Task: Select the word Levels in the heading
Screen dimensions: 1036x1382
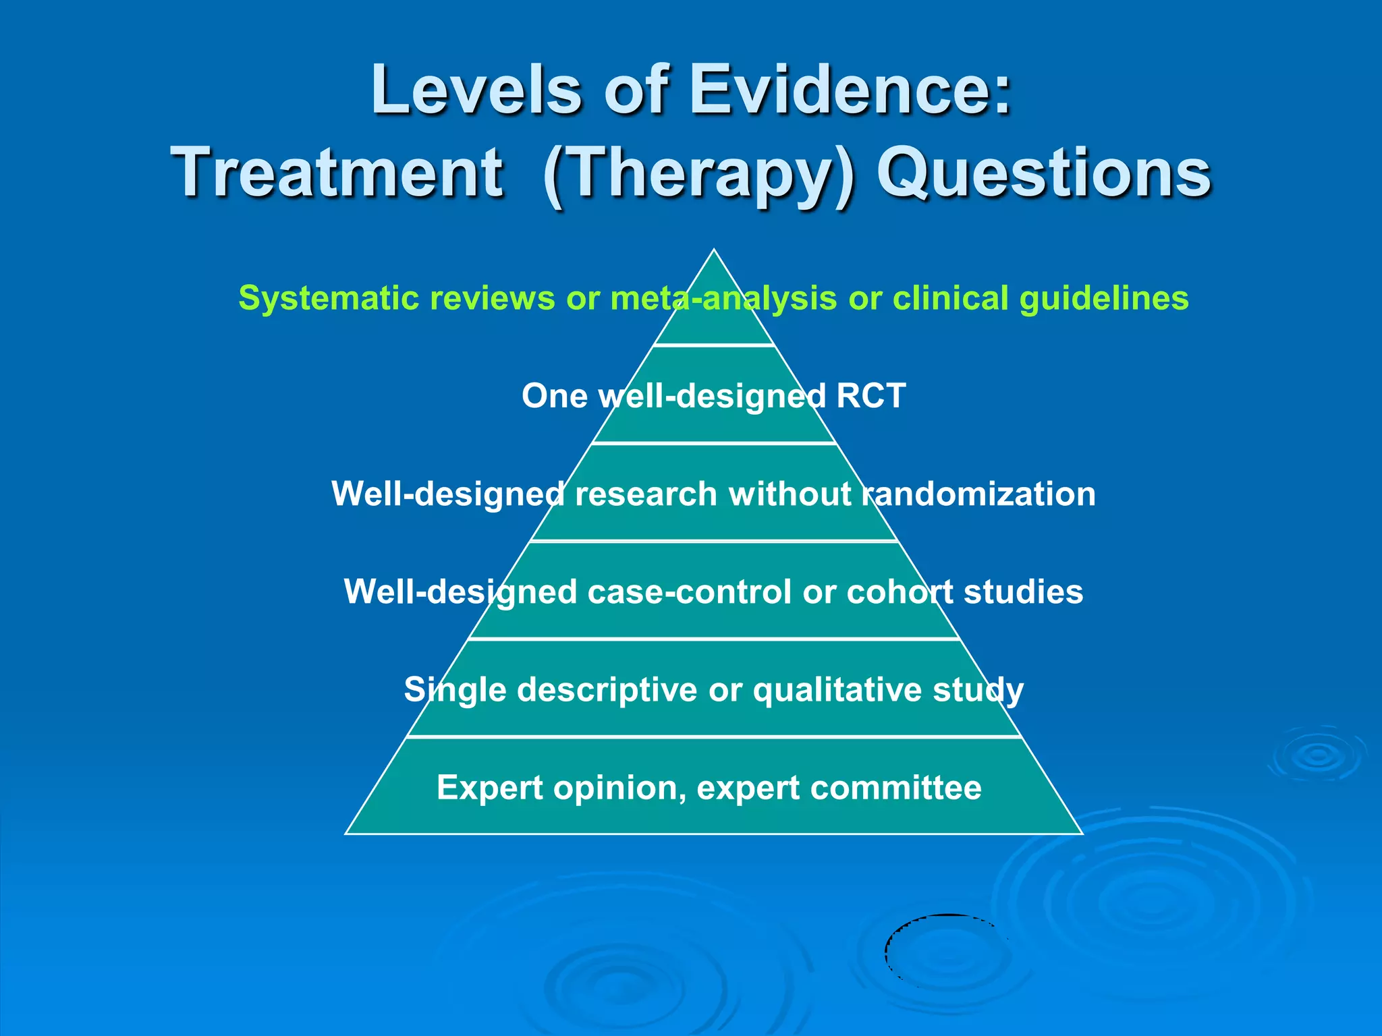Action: click(476, 90)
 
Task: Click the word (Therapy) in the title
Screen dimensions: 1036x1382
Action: click(698, 174)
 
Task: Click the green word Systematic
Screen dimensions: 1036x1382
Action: click(329, 298)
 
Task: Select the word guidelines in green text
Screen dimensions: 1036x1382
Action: click(1103, 298)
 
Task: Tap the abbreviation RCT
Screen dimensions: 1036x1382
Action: click(870, 396)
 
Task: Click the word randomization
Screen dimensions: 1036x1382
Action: click(978, 494)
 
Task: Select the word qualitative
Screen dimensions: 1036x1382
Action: click(837, 690)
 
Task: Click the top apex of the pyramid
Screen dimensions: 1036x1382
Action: click(714, 251)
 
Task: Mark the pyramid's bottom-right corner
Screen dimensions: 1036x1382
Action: click(1082, 834)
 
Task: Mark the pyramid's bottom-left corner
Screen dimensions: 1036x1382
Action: click(346, 834)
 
